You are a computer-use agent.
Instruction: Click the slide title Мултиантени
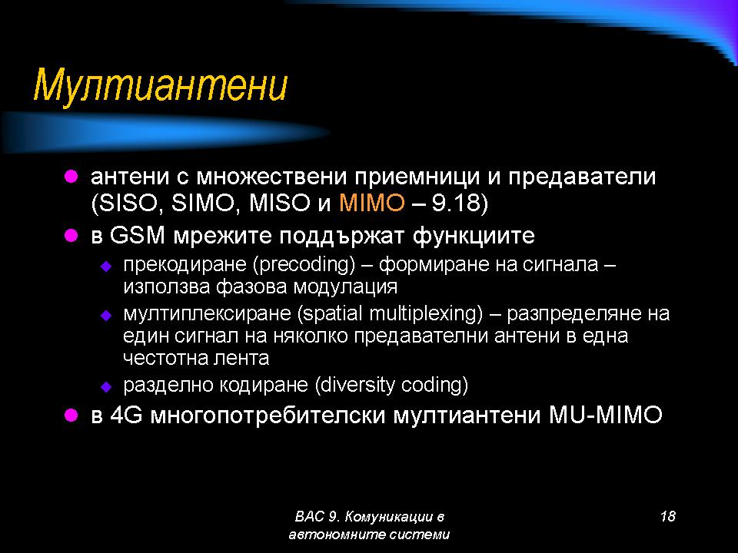point(161,85)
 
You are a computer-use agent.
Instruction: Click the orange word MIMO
point(372,203)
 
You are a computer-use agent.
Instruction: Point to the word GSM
point(137,235)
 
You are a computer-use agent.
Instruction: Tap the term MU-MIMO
point(605,415)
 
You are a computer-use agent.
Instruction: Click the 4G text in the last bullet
point(126,415)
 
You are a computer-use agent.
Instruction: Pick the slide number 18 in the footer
point(668,516)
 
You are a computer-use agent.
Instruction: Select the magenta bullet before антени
point(71,177)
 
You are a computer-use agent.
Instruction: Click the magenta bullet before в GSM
point(71,235)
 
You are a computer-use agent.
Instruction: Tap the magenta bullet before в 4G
point(71,415)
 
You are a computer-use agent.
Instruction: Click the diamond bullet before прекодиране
point(106,267)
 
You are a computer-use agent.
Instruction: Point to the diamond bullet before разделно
point(106,387)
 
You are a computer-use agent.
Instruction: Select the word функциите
point(474,236)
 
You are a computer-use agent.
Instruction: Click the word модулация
point(345,286)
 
